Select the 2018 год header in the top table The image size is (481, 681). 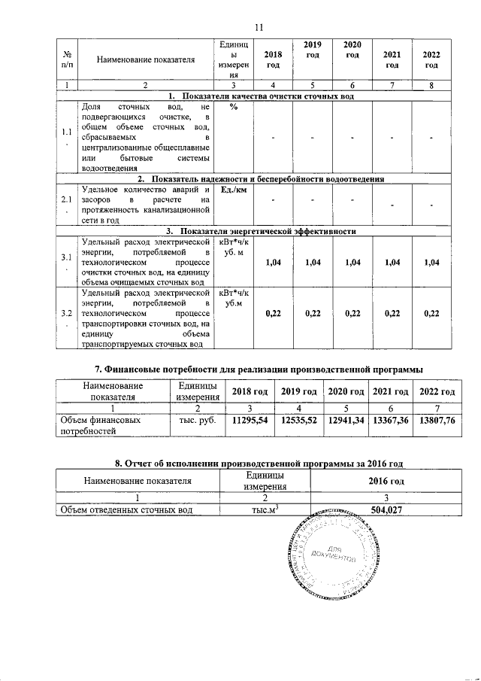coord(271,59)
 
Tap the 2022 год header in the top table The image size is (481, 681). coord(431,59)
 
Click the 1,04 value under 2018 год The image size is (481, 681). coord(271,262)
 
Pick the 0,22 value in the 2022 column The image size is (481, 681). coord(431,315)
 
